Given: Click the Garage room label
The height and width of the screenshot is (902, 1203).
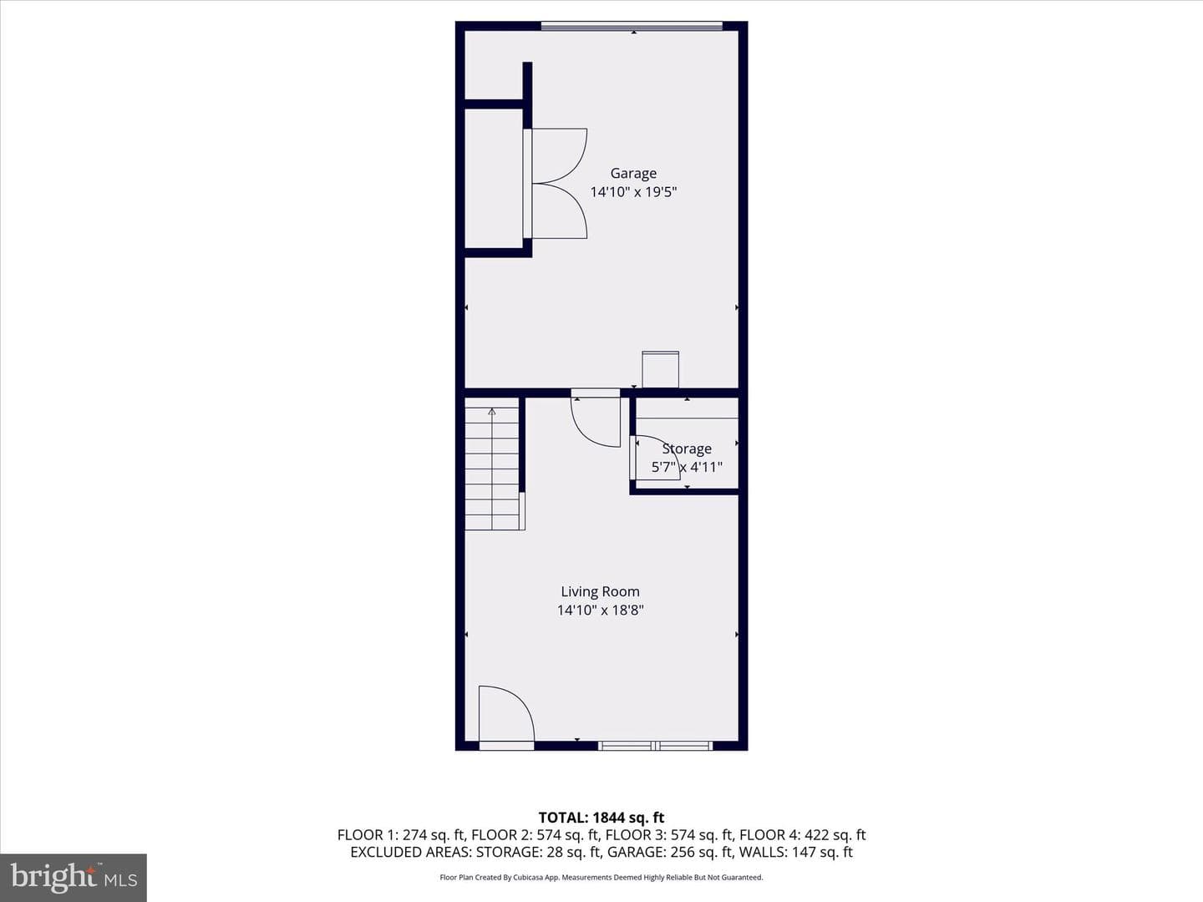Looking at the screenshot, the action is pos(633,174).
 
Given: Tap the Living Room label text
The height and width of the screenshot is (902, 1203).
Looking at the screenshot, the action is pos(600,591).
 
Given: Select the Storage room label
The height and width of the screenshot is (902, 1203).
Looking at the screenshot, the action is pos(687,449).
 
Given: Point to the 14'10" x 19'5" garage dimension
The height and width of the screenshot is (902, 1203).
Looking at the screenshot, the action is pos(633,192).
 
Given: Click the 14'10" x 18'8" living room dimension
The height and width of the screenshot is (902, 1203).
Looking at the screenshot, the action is pos(600,610).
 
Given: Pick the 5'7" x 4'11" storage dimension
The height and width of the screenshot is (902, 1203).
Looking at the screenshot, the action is pos(687,467).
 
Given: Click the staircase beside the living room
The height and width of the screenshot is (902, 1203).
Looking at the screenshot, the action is pos(492,464).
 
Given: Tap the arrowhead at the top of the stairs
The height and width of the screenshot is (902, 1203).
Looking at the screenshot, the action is pos(491,411).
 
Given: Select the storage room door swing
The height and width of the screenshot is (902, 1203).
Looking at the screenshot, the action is pos(656,458).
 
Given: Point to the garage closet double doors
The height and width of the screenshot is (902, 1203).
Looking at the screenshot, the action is pos(555,184).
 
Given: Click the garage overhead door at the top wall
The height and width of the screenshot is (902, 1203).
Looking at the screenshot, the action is pos(632,25).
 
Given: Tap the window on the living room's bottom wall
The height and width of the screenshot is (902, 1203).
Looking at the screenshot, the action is pos(656,745).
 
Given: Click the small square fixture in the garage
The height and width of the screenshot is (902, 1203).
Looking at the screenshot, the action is pos(661,370).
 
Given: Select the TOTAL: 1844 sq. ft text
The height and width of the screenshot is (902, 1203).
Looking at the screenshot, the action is pos(601,818).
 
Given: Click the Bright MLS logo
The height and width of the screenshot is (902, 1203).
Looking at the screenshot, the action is pos(74,877).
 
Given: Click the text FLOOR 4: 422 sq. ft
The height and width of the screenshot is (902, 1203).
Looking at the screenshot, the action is pos(802,834).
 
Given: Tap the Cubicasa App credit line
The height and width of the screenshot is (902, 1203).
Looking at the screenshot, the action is pos(601,877).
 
